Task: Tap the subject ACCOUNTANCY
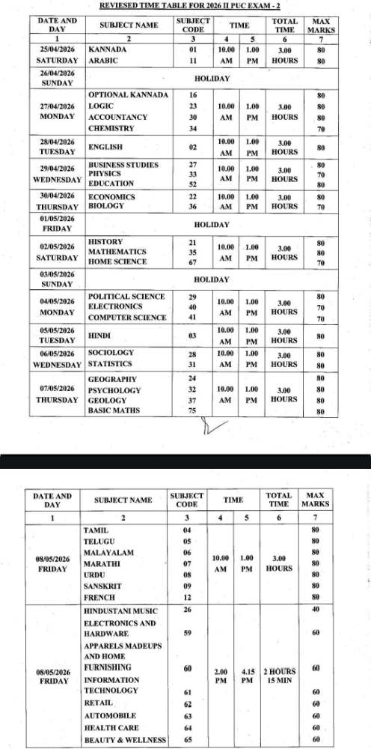[117, 118]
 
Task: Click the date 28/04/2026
[58, 141]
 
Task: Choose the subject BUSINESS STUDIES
[123, 164]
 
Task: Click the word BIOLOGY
[105, 205]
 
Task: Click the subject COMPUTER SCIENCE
[127, 318]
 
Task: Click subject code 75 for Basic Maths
[192, 410]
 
